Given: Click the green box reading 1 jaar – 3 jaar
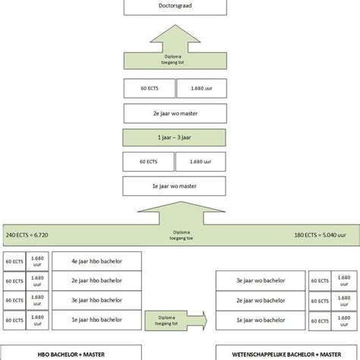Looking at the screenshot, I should pyautogui.click(x=174, y=139).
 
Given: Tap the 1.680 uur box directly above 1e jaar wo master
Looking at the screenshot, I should pyautogui.click(x=201, y=162).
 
